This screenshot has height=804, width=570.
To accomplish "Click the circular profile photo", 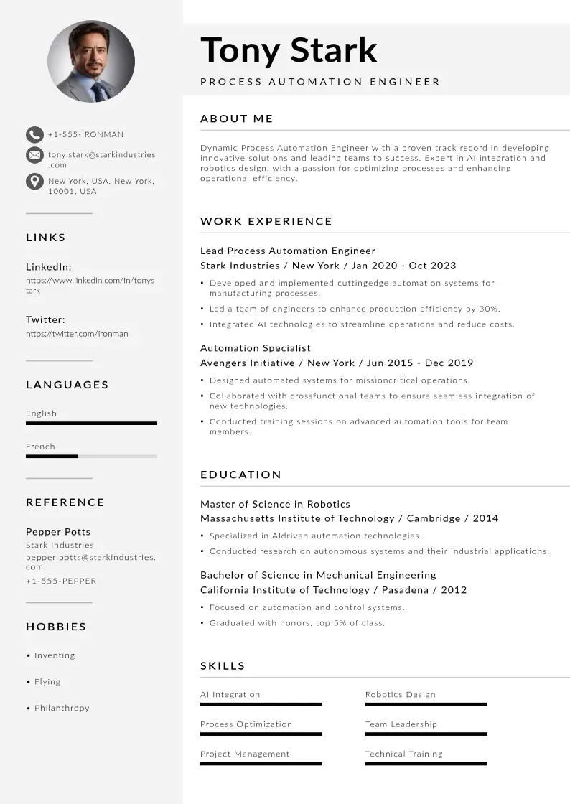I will [x=91, y=61].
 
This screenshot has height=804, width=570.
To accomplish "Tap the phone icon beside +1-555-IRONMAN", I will [x=34, y=134].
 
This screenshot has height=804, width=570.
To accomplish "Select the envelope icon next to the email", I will [x=34, y=155].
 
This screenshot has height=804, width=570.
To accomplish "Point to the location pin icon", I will [x=34, y=181].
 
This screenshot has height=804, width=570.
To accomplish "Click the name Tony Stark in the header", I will [x=289, y=50].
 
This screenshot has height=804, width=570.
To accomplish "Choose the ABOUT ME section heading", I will [x=237, y=118].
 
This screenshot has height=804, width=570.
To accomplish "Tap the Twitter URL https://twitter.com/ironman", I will [x=78, y=334].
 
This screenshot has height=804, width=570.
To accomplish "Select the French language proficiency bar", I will [x=91, y=456].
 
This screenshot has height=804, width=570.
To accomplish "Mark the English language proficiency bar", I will [x=91, y=423].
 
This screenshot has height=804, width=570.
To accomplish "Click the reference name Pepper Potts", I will [x=58, y=532].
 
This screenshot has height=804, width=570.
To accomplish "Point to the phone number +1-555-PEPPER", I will [x=61, y=581].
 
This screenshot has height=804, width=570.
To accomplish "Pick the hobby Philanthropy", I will [x=62, y=708].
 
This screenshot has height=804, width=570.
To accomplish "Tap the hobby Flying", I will [x=47, y=682].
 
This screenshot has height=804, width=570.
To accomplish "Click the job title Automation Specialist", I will [x=256, y=348].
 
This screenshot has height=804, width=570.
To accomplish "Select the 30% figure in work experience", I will [x=489, y=309].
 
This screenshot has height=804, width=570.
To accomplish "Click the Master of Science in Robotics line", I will [x=275, y=504].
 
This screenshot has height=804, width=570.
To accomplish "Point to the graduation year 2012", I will [x=454, y=590].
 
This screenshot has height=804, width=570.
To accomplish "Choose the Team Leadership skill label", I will [x=401, y=724].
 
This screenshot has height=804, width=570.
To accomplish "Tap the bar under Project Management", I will [x=261, y=764].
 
